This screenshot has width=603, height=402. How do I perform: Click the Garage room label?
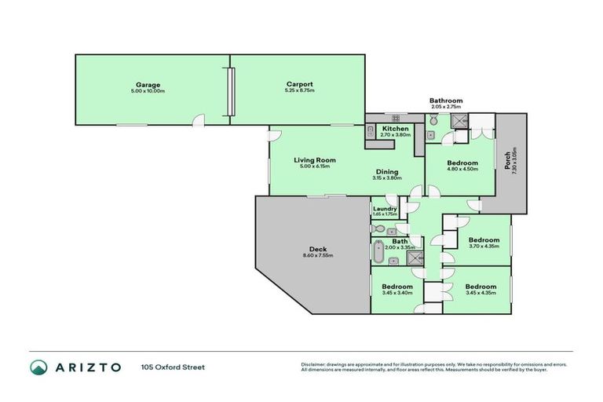point(148,84)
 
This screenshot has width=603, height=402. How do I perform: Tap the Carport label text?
point(300,84)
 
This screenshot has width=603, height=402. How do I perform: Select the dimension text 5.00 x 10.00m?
point(148,91)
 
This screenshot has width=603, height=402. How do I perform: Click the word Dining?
point(386,171)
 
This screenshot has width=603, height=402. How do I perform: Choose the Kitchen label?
point(395,128)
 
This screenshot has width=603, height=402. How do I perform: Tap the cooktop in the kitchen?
point(396,118)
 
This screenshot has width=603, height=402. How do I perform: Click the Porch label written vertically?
point(506,160)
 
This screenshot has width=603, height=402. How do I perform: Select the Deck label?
point(318,249)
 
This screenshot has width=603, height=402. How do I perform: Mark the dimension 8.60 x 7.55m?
point(318,256)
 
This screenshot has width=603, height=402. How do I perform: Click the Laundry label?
point(385,208)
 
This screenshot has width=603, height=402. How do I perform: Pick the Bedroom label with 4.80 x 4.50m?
point(462,163)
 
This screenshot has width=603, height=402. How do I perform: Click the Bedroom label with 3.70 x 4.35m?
point(484,239)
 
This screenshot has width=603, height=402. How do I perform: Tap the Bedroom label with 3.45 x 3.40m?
point(397,287)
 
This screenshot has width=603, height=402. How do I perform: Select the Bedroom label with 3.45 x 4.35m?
point(480,287)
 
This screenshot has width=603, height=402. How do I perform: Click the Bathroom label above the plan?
point(445,100)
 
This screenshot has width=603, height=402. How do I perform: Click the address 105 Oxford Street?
point(173,367)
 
